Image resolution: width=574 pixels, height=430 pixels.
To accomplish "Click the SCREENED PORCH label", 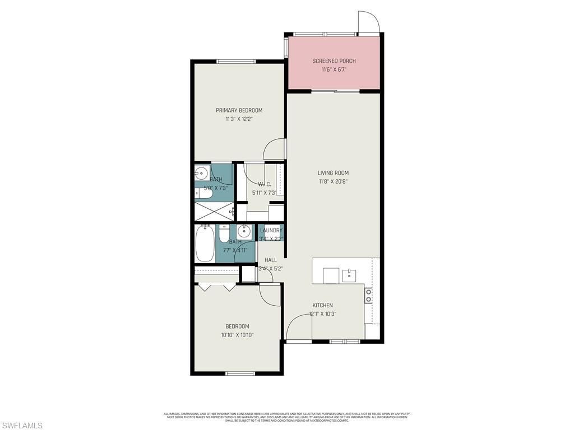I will [x=334, y=61].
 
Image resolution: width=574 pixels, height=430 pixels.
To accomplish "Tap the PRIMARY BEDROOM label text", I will [x=239, y=110].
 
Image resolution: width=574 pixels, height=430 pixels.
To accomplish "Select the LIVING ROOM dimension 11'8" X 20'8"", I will [x=334, y=181].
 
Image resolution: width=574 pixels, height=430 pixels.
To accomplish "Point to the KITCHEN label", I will [x=322, y=305].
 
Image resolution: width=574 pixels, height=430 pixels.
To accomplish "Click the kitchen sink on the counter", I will [x=349, y=274].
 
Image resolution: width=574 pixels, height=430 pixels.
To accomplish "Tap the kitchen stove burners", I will [x=368, y=296].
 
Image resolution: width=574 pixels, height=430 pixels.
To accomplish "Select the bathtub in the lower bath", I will [x=205, y=244].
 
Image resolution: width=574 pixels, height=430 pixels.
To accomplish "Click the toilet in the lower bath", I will [x=224, y=233].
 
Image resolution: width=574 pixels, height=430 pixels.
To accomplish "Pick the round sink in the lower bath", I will [x=244, y=231].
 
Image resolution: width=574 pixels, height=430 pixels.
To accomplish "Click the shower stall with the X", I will [x=213, y=212].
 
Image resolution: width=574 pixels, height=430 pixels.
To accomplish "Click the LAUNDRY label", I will [x=271, y=230].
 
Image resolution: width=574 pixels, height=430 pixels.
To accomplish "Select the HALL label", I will [x=271, y=260].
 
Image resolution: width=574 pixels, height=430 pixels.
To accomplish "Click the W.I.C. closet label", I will [x=265, y=185].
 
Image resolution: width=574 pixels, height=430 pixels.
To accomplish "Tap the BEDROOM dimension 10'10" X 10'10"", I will [x=237, y=335].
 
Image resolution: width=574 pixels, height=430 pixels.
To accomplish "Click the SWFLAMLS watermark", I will [x=22, y=426].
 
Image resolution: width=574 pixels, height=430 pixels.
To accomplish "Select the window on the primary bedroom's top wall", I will [x=233, y=62].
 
